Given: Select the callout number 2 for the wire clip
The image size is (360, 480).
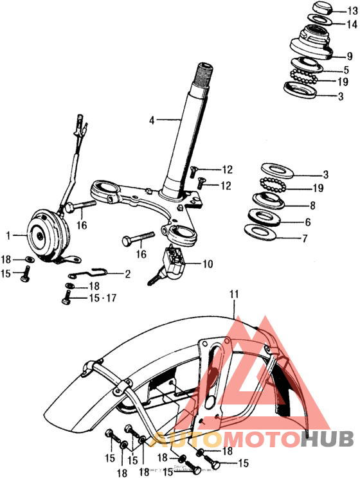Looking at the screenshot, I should point(127,274).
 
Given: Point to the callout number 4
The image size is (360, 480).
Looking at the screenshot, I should point(152,120).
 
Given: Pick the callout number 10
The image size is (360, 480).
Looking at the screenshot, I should point(207,263).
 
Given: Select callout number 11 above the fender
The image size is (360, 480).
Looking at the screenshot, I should point(235,294).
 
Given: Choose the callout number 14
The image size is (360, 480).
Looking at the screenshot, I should point(350,24).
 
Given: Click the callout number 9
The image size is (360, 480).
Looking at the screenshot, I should point(350,56).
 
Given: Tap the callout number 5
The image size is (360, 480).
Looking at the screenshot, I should point(346,69).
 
